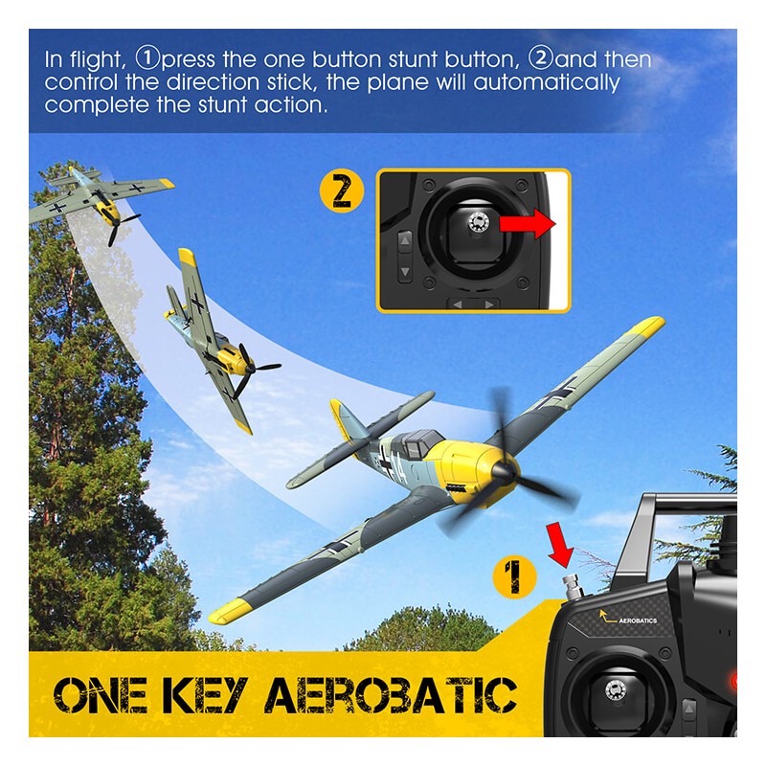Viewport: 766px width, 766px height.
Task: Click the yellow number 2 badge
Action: [x=342, y=191]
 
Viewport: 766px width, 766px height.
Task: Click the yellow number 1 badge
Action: [x=514, y=576]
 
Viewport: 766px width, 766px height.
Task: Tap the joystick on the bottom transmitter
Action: [x=614, y=689]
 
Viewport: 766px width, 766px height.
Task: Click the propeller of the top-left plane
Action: [x=121, y=226]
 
